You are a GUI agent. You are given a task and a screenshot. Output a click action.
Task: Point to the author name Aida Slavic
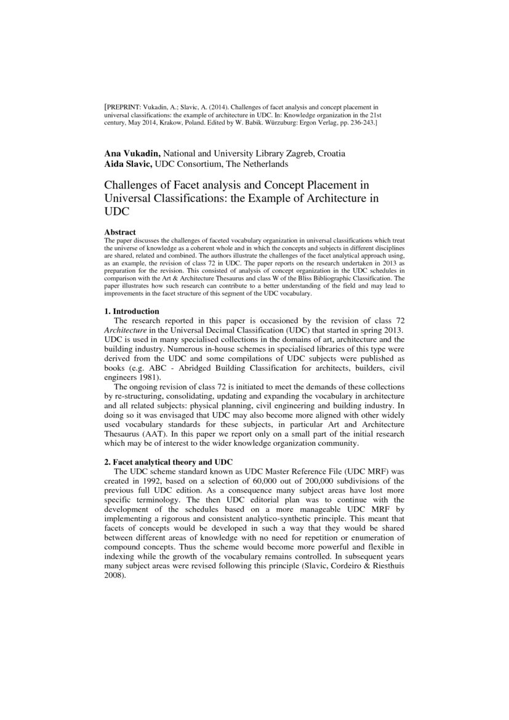[128, 164]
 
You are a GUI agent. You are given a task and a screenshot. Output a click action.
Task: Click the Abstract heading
[119, 232]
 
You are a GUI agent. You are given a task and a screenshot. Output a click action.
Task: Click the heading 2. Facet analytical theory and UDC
[168, 463]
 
